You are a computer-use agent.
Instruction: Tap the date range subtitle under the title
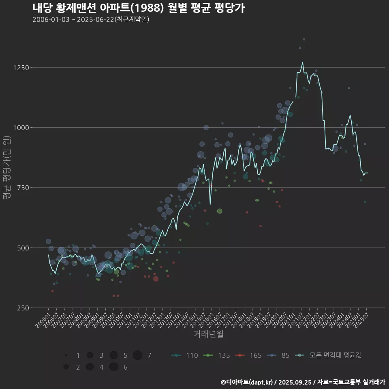coord(91,19)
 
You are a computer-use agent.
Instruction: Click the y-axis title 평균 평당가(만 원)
coord(6,167)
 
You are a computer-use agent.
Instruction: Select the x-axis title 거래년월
coord(208,334)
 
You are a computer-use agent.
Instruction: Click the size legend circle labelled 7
coord(137,355)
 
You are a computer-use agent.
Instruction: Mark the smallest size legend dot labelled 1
coord(66,355)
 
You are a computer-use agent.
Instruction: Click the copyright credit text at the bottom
coord(303,382)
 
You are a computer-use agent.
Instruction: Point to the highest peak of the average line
coord(302,62)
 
